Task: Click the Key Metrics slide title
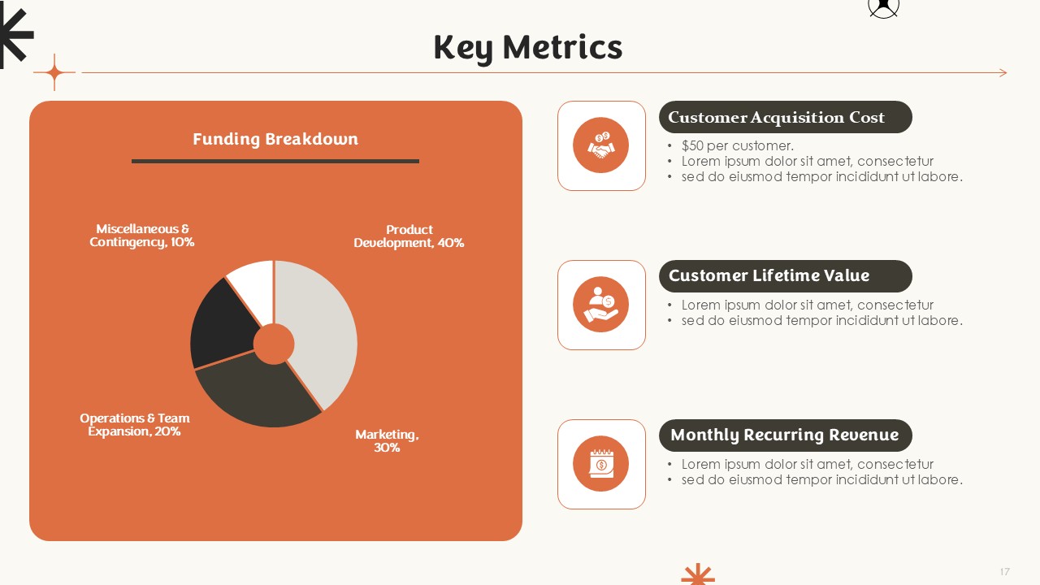click(528, 48)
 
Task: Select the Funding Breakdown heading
click(275, 139)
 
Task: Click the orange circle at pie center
click(274, 344)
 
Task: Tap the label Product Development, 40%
click(409, 236)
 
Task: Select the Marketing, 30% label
click(387, 441)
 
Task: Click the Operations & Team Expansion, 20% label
click(135, 425)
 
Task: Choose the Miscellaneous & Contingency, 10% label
click(141, 236)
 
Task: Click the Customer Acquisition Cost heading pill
click(785, 117)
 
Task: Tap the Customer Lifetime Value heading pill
click(785, 275)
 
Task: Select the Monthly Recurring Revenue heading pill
click(785, 435)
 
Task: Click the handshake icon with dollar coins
click(600, 145)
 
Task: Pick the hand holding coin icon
click(600, 305)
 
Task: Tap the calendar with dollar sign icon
click(601, 463)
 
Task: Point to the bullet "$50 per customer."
click(737, 145)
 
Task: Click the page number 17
click(1005, 571)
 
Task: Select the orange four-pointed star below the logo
click(54, 72)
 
